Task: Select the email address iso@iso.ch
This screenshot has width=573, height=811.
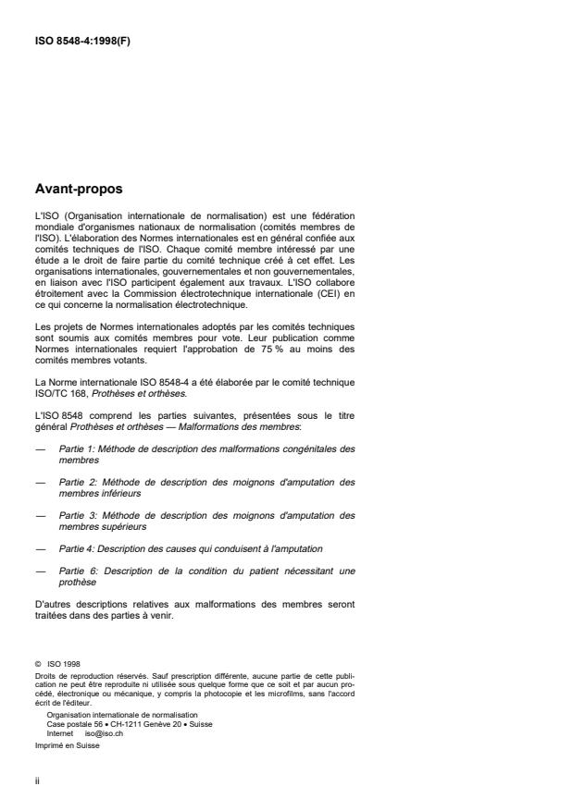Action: point(103,731)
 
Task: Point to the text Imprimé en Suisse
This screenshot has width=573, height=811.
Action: point(63,742)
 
